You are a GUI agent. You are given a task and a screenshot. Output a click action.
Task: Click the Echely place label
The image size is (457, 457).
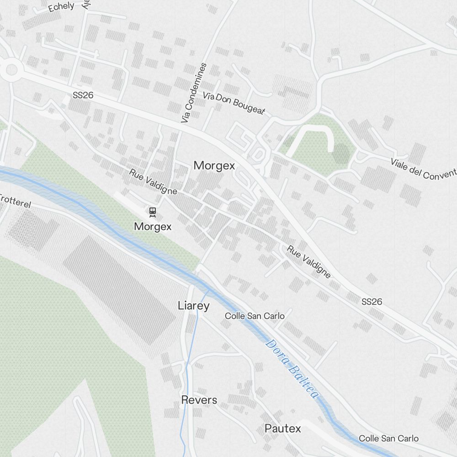pyautogui.click(x=61, y=6)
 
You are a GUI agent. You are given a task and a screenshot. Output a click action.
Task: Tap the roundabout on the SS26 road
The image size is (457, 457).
pyautogui.click(x=11, y=70)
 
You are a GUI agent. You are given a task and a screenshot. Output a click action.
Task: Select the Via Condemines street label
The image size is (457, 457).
pyautogui.click(x=194, y=93)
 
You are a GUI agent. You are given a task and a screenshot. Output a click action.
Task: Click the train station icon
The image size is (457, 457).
pyautogui.click(x=153, y=211)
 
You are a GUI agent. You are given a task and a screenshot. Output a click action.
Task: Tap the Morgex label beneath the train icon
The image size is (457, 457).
pyautogui.click(x=153, y=226)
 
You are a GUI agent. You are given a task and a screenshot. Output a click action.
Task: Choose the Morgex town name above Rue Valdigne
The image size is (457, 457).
pyautogui.click(x=214, y=165)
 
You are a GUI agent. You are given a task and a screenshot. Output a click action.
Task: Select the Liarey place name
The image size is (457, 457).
pyautogui.click(x=194, y=306)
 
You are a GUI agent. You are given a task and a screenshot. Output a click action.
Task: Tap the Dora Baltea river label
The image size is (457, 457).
pyautogui.click(x=291, y=369)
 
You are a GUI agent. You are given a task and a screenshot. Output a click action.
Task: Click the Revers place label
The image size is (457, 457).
pyautogui.click(x=199, y=400)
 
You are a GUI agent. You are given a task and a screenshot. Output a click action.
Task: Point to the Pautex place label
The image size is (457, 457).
pyautogui.click(x=283, y=428)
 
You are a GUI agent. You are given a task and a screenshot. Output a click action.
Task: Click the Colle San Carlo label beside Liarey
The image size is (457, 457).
pyautogui.click(x=255, y=316)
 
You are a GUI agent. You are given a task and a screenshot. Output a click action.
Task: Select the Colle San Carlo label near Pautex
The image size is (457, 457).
pyautogui.click(x=388, y=438)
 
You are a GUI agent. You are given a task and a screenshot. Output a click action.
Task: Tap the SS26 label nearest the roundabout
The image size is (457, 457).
pyautogui.click(x=83, y=96)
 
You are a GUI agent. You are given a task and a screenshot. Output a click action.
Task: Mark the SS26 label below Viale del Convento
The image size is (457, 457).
pyautogui.click(x=372, y=302)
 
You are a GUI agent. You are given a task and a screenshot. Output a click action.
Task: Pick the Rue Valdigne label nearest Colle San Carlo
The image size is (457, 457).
pyautogui.click(x=308, y=261)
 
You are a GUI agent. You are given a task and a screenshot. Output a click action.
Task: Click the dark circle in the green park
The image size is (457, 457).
pyautogui.click(x=340, y=154)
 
